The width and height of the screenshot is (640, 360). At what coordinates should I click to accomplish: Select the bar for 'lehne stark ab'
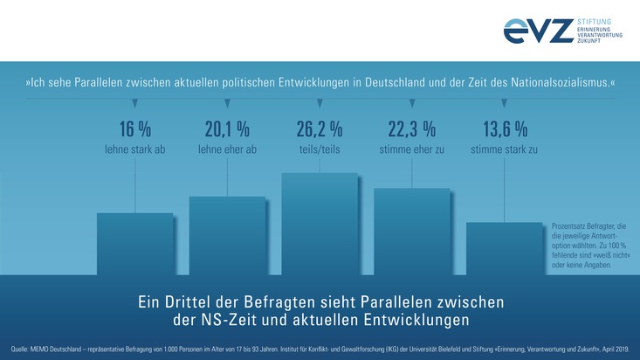point(134,244)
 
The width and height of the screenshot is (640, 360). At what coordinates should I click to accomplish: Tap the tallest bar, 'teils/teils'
point(320,224)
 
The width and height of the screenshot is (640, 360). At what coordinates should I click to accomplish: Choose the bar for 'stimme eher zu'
point(411,232)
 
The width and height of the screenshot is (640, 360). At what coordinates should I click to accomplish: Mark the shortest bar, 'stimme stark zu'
point(504,249)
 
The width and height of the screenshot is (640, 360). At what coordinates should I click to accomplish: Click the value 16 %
point(134,129)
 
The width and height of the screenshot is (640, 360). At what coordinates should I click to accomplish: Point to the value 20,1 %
point(227,129)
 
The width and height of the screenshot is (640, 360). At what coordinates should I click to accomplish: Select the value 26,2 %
point(320,129)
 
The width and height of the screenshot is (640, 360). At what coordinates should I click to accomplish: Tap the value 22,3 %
point(411,129)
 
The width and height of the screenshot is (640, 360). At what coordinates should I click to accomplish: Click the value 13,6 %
point(505,129)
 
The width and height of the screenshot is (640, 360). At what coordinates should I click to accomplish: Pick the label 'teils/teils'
point(320,150)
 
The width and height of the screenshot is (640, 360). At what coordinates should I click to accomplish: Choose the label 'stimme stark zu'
point(504,150)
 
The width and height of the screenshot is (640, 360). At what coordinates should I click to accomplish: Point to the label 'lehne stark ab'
point(134,150)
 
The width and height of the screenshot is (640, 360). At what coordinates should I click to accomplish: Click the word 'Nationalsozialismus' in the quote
point(553,83)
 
